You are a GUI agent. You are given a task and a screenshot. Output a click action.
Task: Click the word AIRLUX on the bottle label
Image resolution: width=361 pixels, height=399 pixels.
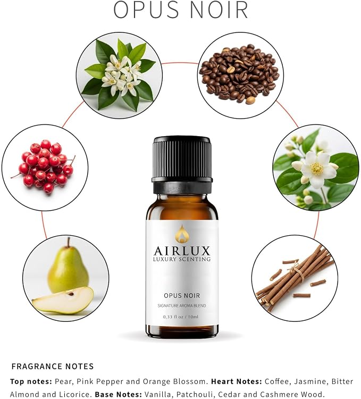point(182,251)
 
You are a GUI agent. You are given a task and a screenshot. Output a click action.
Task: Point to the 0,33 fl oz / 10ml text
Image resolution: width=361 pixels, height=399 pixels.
point(181,317)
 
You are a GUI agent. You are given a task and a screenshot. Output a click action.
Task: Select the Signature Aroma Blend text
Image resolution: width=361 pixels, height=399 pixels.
point(182,305)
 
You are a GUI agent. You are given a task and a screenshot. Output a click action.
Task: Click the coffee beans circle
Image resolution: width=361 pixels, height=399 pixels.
point(240,75)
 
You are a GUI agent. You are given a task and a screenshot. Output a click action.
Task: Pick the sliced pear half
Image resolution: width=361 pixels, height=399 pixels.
point(63,300)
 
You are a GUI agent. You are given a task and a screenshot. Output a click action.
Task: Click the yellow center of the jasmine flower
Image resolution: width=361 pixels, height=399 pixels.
point(317,169)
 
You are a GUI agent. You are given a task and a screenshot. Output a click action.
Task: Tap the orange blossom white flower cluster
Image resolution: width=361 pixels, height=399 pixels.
point(120,74)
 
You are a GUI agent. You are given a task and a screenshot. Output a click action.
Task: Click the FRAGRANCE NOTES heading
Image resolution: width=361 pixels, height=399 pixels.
point(53,367)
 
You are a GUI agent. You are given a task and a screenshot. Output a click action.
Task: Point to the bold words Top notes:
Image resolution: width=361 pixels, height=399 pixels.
point(31,381)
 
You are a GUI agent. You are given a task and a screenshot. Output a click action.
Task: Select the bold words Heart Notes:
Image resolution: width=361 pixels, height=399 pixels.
point(237,381)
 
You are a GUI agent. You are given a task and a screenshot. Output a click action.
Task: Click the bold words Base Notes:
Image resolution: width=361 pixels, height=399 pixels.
point(119,394)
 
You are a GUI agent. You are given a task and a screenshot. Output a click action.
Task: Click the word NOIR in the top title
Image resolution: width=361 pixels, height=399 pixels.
point(219,10)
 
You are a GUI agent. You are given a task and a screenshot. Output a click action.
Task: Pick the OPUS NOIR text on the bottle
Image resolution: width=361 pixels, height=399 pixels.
point(182,295)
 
